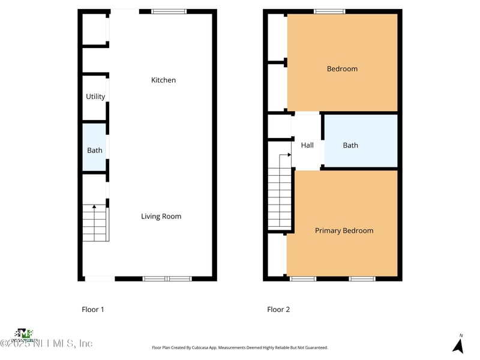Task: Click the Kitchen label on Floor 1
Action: pos(163,80)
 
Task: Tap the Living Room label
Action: pos(161,217)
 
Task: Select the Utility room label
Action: pos(95,97)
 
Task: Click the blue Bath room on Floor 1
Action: pos(94,150)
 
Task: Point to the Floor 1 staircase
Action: pos(95,223)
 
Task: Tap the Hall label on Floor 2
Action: pos(307,145)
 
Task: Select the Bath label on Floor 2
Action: pos(350,145)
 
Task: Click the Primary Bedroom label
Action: pos(344,230)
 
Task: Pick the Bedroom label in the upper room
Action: pos(342,69)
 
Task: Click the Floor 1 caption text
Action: pos(93,310)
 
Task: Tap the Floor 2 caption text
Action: pos(278,310)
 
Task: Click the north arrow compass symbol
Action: pos(458,345)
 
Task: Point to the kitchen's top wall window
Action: pos(169,11)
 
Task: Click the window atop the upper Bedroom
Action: pos(329,11)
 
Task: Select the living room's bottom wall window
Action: pos(167,278)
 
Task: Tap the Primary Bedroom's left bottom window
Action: pos(303,278)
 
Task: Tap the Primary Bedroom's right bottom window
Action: pos(362,278)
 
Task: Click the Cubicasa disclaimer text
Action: pos(240,347)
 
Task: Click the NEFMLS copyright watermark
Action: pos(47,343)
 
